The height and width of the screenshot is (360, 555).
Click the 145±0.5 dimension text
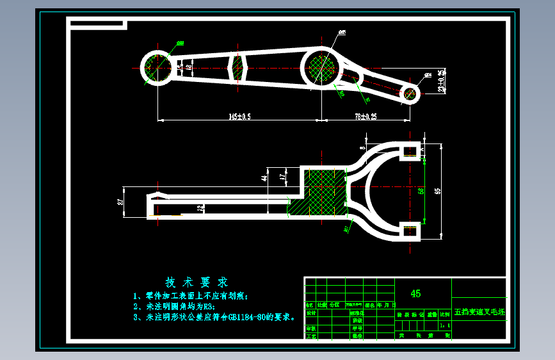[x=239, y=116]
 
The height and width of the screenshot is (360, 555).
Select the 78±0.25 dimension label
[x=366, y=116]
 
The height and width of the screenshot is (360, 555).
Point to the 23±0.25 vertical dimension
[x=440, y=81]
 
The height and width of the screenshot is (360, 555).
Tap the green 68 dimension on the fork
[x=421, y=191]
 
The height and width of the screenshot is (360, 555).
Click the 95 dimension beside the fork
[x=438, y=191]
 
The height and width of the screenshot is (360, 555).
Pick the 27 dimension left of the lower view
[x=120, y=202]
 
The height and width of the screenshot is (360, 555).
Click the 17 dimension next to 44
[x=281, y=174]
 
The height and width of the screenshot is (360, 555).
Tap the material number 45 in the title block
[x=415, y=293]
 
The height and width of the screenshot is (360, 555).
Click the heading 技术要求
[x=197, y=282]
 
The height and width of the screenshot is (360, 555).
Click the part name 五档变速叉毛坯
[x=479, y=313]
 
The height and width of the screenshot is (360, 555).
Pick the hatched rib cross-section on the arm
[x=237, y=67]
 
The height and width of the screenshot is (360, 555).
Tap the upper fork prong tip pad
[x=410, y=150]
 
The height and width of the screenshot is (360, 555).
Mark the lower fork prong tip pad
[x=410, y=231]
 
